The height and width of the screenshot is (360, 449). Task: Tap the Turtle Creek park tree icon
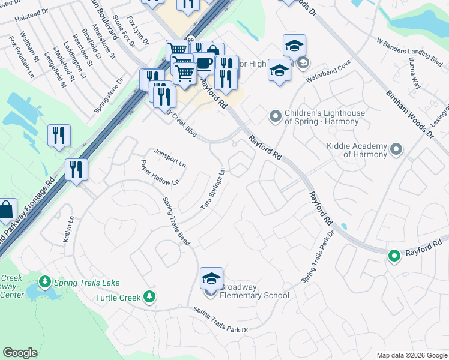point(149,297)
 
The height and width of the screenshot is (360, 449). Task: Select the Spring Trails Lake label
point(87,283)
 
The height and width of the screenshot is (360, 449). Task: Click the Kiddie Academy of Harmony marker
point(396,148)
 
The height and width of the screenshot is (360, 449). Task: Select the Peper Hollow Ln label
point(160,173)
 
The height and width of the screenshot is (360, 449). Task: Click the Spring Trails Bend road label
point(176,220)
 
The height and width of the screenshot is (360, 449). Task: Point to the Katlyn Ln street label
point(68,230)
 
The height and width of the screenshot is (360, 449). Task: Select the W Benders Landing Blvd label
point(409,50)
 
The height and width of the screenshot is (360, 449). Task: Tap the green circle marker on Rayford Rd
point(394,256)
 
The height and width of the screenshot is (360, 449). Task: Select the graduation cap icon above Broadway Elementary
point(211,280)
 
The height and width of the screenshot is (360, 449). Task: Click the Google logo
point(20,353)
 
